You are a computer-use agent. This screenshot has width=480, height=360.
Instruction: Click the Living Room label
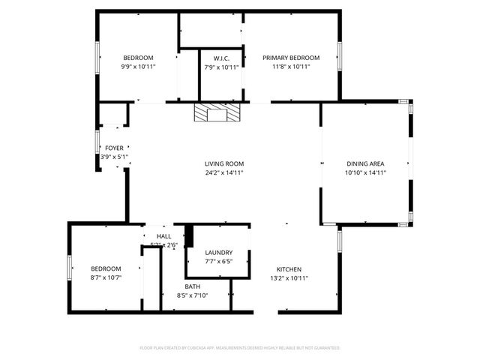click(224, 163)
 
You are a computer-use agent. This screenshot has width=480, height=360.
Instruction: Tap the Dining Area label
click(365, 163)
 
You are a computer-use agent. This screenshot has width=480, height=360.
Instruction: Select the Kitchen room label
click(289, 269)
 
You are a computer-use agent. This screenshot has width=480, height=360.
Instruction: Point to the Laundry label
click(218, 253)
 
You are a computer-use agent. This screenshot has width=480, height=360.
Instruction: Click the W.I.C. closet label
click(221, 58)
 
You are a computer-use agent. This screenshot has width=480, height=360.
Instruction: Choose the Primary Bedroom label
click(291, 58)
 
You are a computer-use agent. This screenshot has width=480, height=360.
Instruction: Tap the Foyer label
click(114, 148)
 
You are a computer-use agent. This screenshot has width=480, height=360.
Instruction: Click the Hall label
click(163, 236)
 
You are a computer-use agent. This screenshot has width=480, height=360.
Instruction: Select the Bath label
click(193, 286)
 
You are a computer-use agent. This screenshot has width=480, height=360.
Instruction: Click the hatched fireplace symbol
click(217, 113)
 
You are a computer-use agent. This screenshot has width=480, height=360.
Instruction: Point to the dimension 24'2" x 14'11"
click(224, 172)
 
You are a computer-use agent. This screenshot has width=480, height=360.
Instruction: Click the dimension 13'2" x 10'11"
click(289, 278)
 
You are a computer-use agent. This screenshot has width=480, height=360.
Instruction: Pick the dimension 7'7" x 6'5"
click(218, 262)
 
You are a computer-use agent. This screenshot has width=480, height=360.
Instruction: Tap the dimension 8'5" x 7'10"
click(193, 295)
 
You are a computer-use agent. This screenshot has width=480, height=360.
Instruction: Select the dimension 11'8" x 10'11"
click(291, 67)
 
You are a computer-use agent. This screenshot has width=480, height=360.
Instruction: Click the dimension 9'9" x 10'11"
click(138, 67)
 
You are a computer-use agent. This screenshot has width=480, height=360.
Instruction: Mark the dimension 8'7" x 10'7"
click(106, 278)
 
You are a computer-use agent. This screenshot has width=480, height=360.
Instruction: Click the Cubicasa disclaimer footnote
click(240, 348)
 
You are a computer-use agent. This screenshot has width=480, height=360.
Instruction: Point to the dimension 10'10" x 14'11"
click(365, 172)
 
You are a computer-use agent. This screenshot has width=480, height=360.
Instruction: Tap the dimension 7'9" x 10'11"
click(221, 67)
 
